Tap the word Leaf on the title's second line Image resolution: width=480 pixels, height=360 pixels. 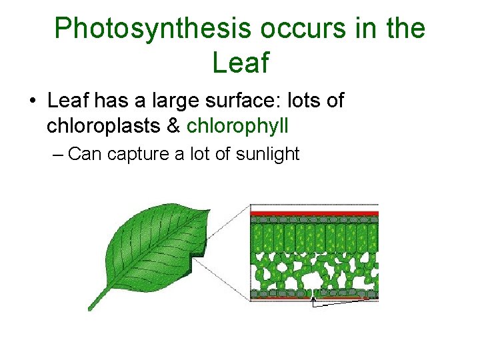[240, 63]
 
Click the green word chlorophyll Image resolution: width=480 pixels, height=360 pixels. [237, 125]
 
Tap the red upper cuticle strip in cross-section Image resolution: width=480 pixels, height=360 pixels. [314, 214]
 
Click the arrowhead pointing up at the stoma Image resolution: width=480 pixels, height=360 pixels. [314, 301]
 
